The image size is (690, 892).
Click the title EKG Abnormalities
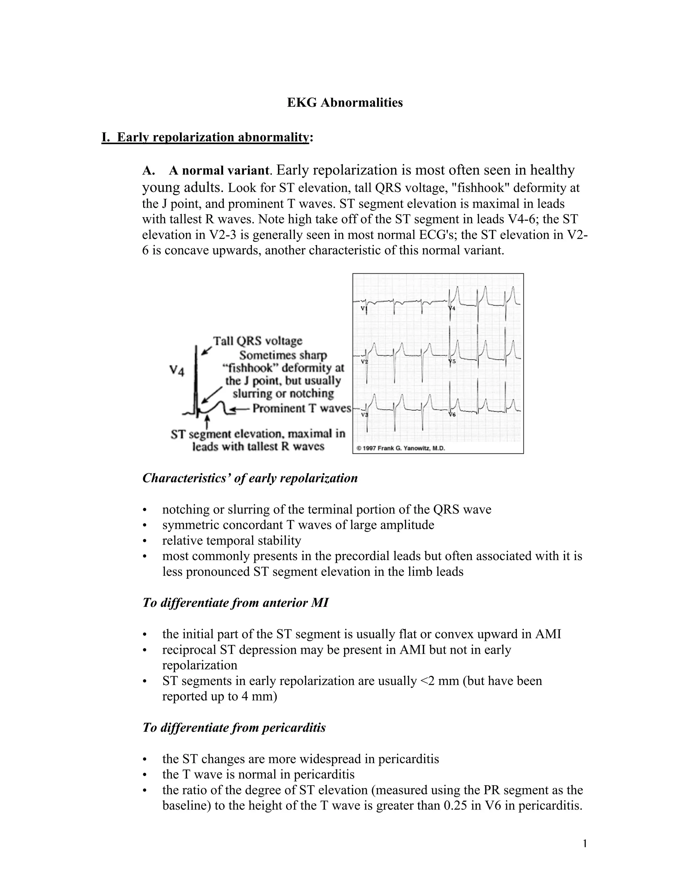pyautogui.click(x=345, y=103)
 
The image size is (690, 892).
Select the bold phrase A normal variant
pyautogui.click(x=219, y=170)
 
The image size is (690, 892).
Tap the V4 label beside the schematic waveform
pyautogui.click(x=177, y=371)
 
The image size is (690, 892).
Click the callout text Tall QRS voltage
pyautogui.click(x=257, y=341)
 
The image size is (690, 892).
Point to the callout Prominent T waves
pyautogui.click(x=302, y=408)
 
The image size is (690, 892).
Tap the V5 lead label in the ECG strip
pyautogui.click(x=452, y=362)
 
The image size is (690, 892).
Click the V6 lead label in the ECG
pyautogui.click(x=452, y=415)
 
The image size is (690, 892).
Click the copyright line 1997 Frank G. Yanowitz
pyautogui.click(x=401, y=448)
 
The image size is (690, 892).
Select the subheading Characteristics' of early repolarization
pyautogui.click(x=250, y=478)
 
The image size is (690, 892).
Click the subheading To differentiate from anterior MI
pyautogui.click(x=235, y=603)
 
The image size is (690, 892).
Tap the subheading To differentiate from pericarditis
pyautogui.click(x=234, y=727)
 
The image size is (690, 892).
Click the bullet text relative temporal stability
pyautogui.click(x=231, y=540)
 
